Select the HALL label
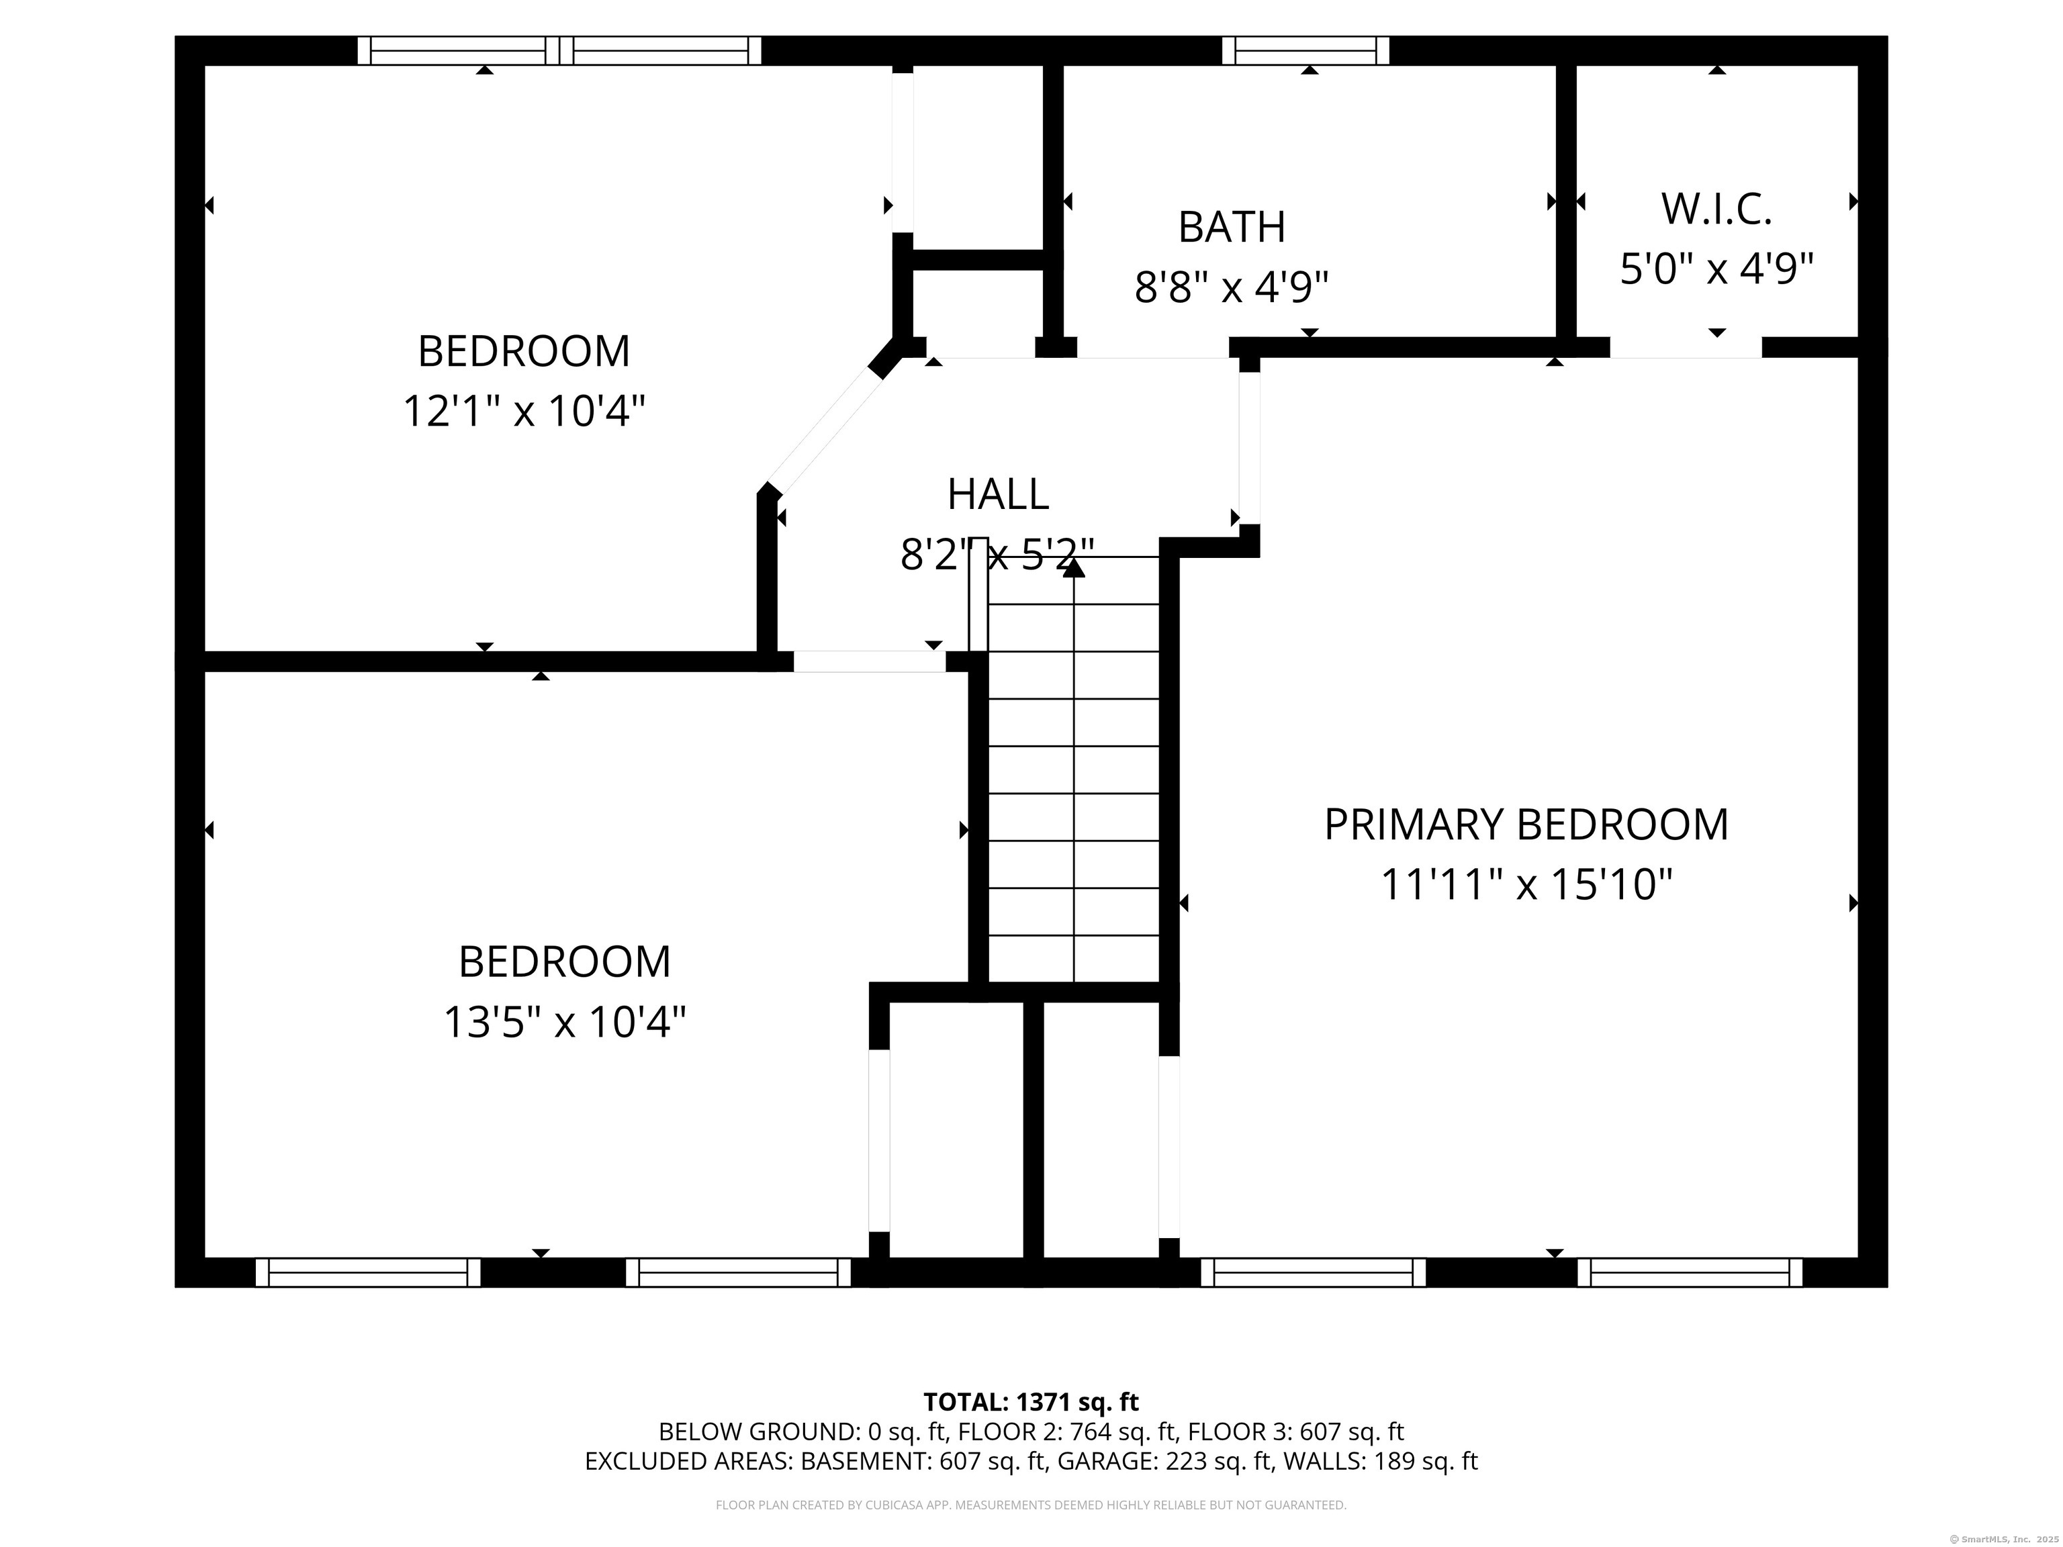coord(998,494)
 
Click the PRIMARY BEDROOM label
coord(1526,825)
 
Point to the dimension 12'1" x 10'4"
coord(524,411)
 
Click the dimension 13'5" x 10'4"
coord(564,1022)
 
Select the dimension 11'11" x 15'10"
coord(1526,885)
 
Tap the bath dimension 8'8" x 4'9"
coord(1231,287)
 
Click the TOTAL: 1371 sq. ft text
coord(1031,1403)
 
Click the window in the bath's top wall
coord(1305,50)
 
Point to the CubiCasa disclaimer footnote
coord(1031,1505)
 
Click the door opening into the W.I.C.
coord(1686,348)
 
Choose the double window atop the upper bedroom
coord(559,50)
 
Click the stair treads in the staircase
coord(1073,769)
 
